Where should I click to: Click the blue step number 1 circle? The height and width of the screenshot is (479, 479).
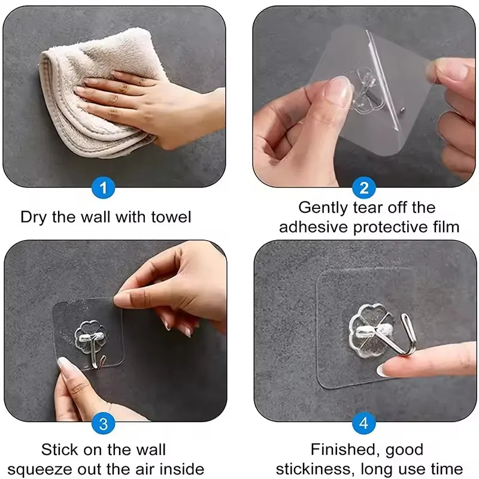(103, 189)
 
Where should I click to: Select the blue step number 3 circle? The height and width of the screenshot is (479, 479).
(104, 425)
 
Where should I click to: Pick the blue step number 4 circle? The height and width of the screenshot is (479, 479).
(364, 424)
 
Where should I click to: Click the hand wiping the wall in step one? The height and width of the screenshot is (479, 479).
(150, 105)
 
